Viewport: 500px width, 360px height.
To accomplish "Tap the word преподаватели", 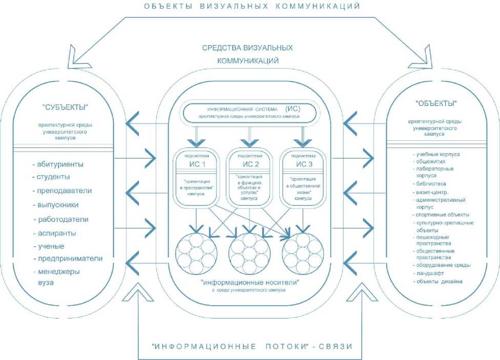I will pyautogui.click(x=64, y=191).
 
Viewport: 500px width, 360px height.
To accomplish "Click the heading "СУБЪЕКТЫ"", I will pyautogui.click(x=65, y=107).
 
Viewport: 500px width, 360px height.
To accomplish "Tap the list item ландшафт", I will pyautogui.click(x=429, y=273).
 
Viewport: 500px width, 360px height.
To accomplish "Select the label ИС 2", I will pyautogui.click(x=250, y=165).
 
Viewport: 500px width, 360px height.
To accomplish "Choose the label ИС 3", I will pyautogui.click(x=304, y=165).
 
